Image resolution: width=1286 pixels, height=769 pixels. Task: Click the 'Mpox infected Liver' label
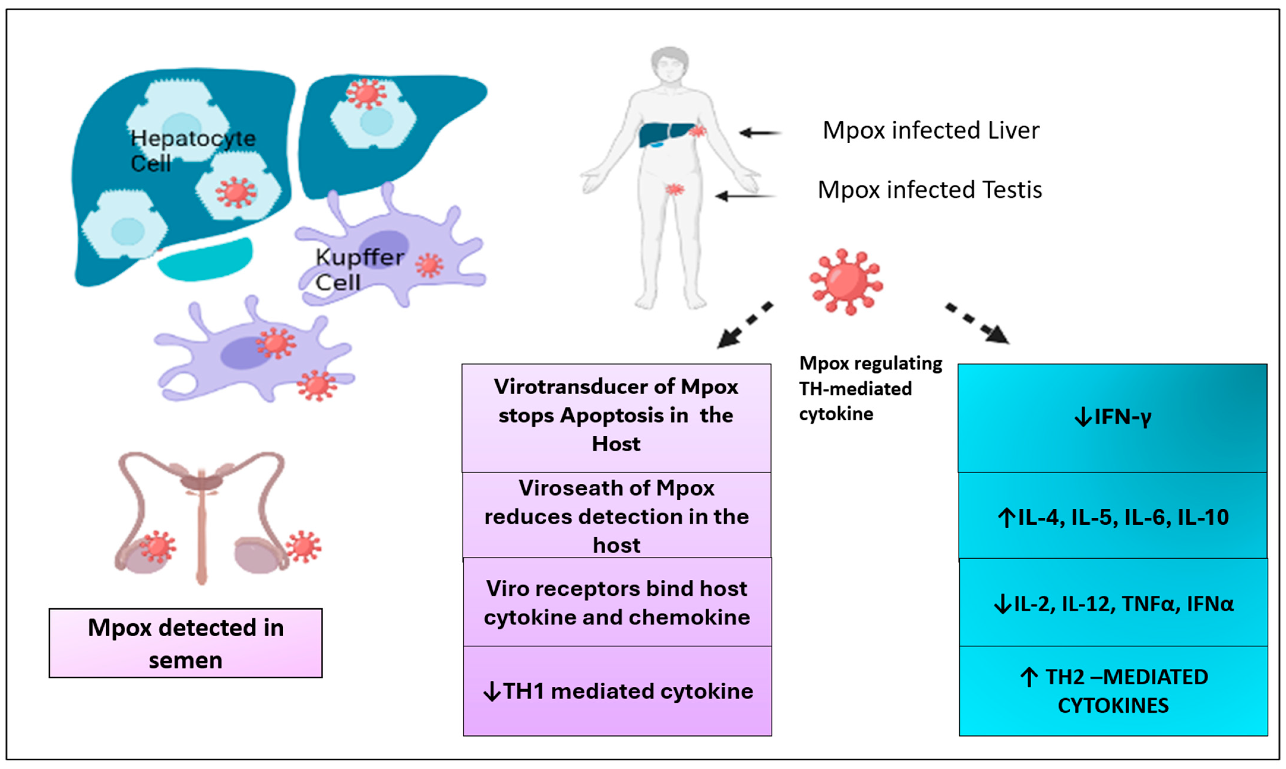tap(930, 131)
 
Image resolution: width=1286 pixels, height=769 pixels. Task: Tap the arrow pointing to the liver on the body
tap(760, 133)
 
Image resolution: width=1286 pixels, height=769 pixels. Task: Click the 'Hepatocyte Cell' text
tap(192, 150)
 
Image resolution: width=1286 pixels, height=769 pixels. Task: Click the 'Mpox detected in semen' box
tap(186, 643)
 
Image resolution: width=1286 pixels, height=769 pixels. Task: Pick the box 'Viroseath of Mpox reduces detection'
tap(616, 516)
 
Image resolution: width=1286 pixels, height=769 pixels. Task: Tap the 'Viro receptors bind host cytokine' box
tap(617, 603)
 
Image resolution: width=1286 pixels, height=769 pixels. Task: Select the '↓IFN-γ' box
tap(1112, 418)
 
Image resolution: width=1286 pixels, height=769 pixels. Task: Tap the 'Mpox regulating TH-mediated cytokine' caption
tap(870, 389)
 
